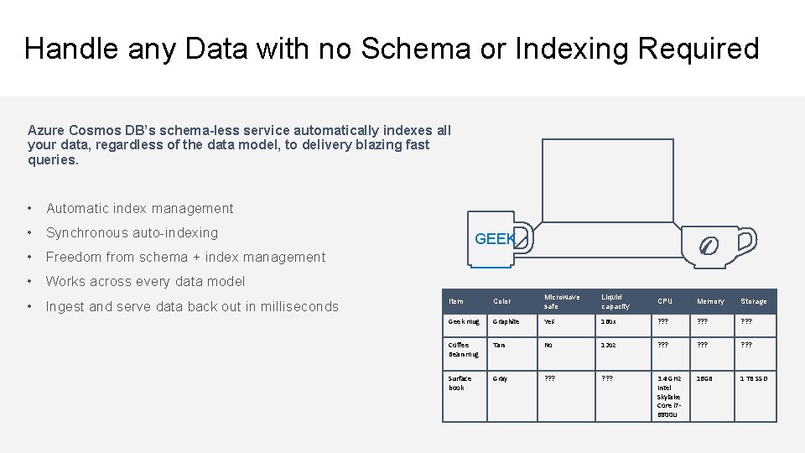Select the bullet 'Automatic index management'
[x=140, y=208]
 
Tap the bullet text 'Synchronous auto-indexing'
[x=132, y=232]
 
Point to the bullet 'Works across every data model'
[x=145, y=281]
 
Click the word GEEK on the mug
[x=495, y=239]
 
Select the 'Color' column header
[x=502, y=301]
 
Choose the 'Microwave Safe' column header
[x=561, y=301]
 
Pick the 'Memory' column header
[x=710, y=301]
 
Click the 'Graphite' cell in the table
[x=506, y=321]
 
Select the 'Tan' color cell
[x=500, y=345]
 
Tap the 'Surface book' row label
[x=460, y=383]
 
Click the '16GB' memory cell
[x=705, y=378]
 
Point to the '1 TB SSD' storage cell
[x=753, y=378]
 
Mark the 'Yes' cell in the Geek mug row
[x=549, y=321]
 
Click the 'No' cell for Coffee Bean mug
[x=548, y=345]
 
